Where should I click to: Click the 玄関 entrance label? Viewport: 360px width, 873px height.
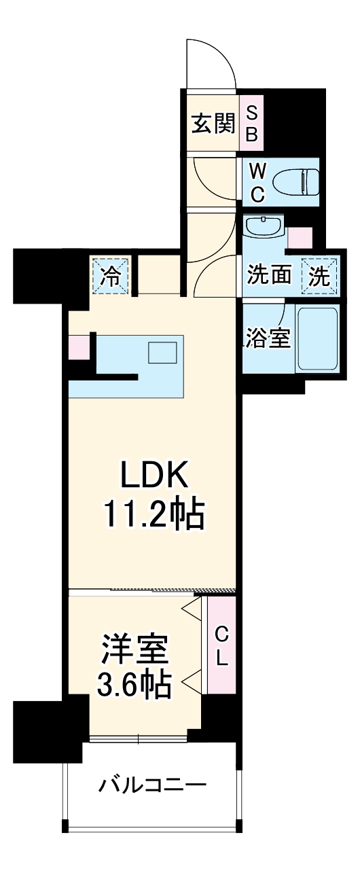(213, 123)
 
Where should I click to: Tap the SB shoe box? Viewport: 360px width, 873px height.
(251, 123)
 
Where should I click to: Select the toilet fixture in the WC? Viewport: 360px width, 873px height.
(295, 181)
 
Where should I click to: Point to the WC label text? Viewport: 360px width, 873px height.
(257, 181)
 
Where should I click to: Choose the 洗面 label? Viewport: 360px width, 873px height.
(269, 276)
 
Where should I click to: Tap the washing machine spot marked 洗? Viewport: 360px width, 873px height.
(320, 277)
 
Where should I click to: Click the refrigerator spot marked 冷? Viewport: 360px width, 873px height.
(111, 277)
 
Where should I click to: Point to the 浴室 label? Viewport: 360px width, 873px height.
(268, 339)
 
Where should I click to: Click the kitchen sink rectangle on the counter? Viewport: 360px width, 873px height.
(163, 353)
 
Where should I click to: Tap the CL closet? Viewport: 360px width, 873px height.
(221, 645)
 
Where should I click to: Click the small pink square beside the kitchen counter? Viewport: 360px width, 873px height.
(78, 347)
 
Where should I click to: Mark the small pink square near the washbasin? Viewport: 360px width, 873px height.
(300, 237)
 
